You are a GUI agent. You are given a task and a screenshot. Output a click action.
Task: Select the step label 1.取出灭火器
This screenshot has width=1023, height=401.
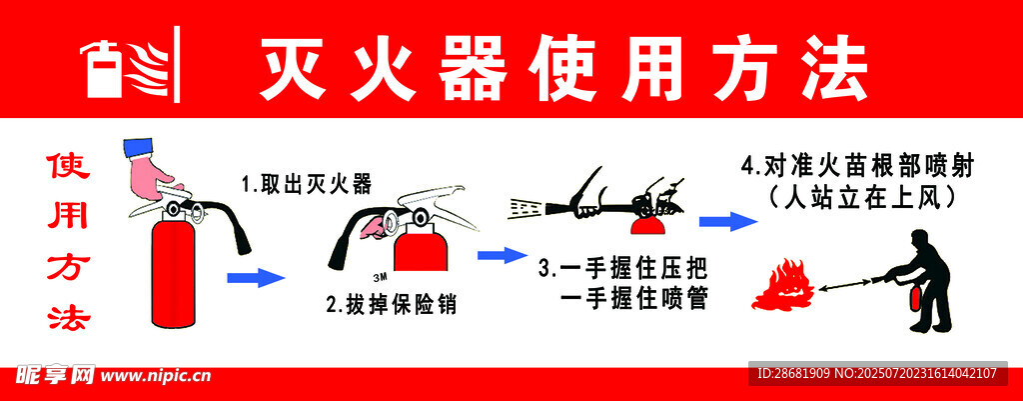306,185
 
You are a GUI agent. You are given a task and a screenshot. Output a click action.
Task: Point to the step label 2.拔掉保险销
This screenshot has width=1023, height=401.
392,305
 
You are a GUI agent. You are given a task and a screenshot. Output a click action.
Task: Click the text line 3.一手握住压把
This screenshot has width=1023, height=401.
623,269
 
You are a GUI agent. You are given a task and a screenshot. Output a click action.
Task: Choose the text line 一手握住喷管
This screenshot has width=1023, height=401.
633,300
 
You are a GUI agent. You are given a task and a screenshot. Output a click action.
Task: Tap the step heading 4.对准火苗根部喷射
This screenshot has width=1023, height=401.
856,167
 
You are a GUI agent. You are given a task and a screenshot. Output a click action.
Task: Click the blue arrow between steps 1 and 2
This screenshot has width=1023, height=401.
256,278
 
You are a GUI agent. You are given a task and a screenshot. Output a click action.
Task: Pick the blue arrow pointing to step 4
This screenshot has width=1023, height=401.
728,221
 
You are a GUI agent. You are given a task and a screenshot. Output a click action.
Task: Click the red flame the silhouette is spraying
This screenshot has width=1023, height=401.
780,285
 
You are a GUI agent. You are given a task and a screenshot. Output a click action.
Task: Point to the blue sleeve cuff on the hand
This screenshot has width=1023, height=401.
138,148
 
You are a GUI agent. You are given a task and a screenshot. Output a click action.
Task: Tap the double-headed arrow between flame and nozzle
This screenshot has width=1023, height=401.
847,285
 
